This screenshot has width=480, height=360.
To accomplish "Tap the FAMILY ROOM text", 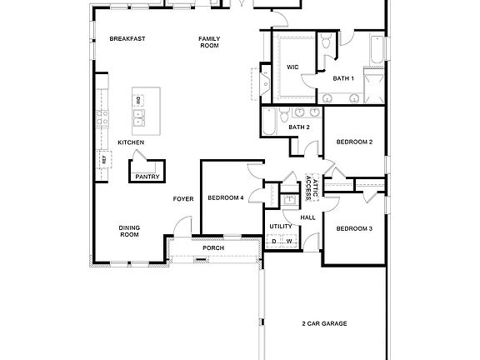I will tap(208, 42).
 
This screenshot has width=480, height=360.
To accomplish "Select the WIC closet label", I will tap(292, 66).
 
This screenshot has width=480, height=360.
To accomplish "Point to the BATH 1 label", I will tap(343, 78).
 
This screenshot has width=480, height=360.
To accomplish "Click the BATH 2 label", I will tap(299, 127).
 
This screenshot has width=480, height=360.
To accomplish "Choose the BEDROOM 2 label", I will tap(354, 142).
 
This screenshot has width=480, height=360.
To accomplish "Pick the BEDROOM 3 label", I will tap(354, 227).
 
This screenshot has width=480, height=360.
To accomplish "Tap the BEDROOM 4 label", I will tap(226, 197).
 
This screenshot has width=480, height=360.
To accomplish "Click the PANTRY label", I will tap(147, 176).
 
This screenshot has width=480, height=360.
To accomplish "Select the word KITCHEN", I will tap(131, 142).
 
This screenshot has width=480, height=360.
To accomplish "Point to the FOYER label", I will tap(183, 198).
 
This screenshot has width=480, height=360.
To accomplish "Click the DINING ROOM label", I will tap(128, 231).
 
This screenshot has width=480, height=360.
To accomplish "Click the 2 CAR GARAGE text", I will tap(324, 322).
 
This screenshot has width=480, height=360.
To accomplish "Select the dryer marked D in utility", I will tap(274, 242).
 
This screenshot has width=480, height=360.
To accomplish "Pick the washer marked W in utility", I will tap(289, 242).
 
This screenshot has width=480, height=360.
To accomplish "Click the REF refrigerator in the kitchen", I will tap(104, 159).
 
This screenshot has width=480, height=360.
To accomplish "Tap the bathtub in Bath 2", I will tap(271, 122).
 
